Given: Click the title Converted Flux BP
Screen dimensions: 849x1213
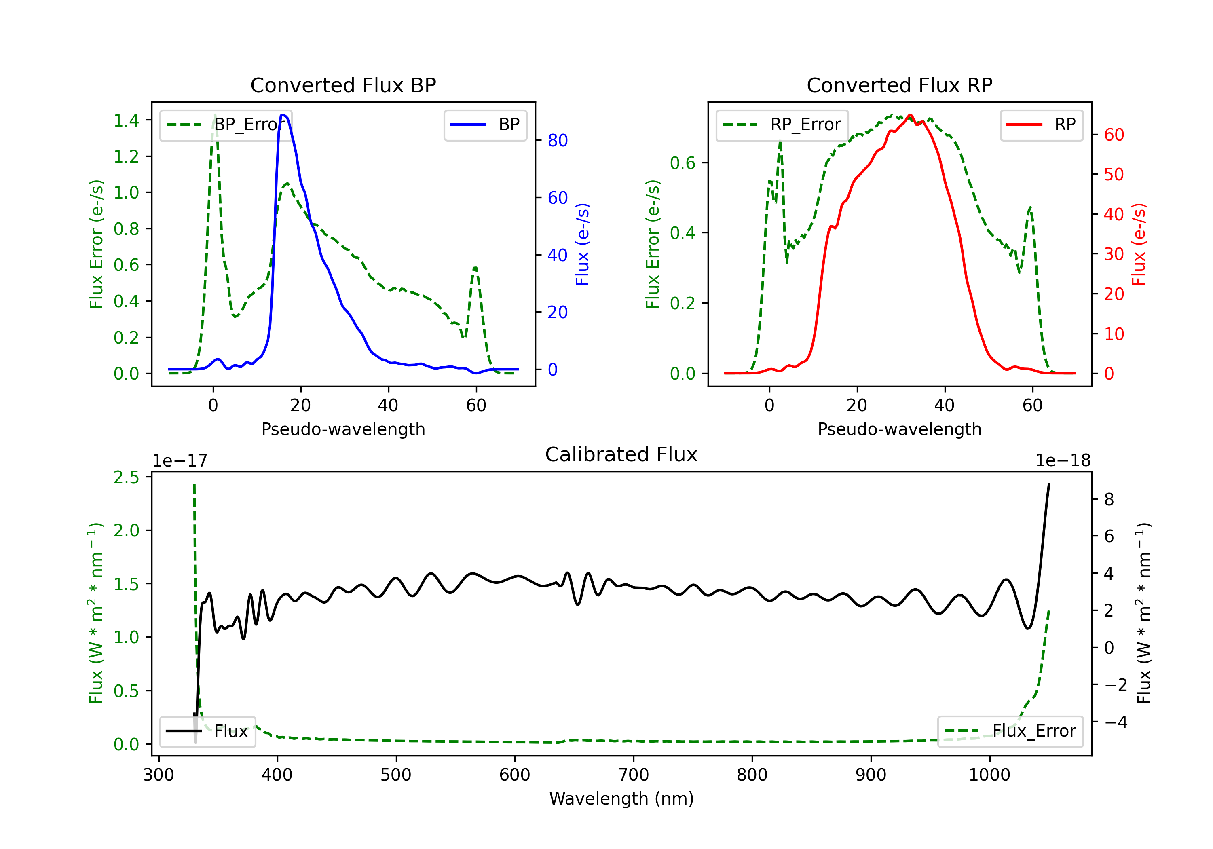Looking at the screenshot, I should [343, 85].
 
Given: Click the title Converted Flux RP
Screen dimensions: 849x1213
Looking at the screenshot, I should [899, 85].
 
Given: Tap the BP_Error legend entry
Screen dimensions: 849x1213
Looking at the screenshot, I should [226, 125].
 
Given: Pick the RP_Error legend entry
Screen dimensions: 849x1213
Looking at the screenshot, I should [782, 125].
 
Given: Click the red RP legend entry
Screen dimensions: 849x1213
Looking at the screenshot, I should [1041, 125].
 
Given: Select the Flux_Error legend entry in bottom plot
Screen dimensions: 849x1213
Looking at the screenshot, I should [1010, 731].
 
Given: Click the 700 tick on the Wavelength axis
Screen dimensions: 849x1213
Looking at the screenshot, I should [634, 775].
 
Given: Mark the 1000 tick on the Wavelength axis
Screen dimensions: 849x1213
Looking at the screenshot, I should [989, 775].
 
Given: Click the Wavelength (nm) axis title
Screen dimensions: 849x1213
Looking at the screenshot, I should [621, 799].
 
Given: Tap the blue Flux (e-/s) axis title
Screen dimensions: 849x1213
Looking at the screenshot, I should [582, 244].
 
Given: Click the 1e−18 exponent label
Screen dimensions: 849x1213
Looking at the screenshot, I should [1063, 461].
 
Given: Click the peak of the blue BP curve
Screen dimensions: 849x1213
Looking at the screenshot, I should [284, 115].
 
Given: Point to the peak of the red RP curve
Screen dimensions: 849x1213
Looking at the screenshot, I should [910, 115].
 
